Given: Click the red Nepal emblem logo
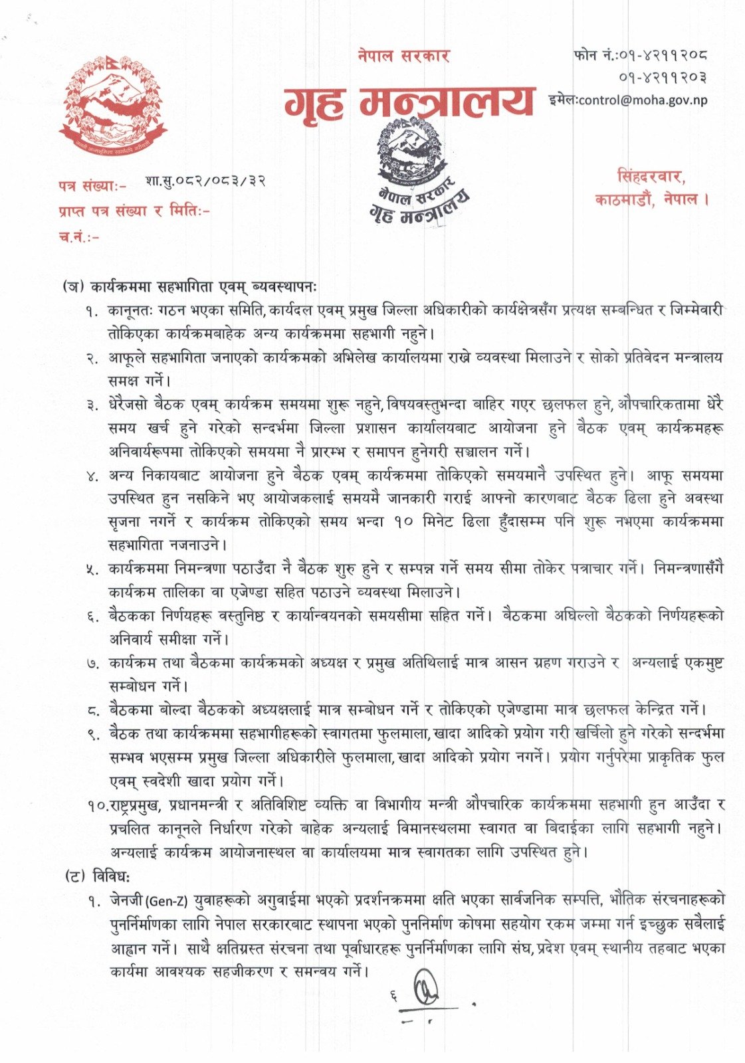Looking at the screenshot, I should [x=111, y=107].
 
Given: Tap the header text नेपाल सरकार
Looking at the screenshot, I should [x=403, y=56].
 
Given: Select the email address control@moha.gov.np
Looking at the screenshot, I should [x=642, y=100].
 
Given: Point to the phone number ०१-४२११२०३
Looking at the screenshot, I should [x=662, y=77].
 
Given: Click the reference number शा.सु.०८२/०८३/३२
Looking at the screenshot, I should [x=205, y=181].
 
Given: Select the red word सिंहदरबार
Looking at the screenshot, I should [x=651, y=177].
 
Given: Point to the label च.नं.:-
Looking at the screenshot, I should [x=78, y=237].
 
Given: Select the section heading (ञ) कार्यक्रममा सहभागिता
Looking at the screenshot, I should [x=190, y=287].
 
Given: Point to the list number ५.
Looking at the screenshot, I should [x=92, y=569].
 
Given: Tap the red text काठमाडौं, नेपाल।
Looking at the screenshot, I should [x=652, y=199].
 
